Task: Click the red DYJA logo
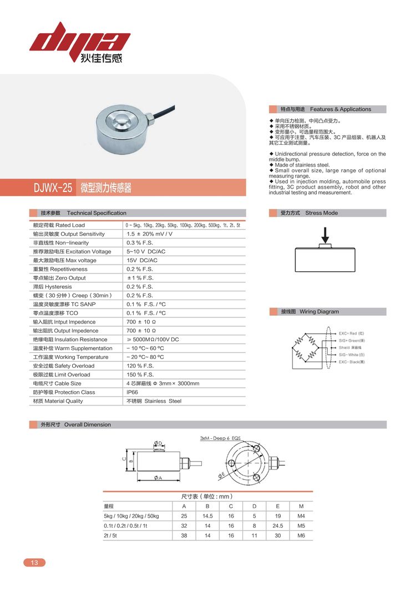point(80,41)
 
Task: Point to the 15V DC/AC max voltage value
point(142,260)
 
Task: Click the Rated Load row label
point(59,225)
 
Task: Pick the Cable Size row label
point(57,383)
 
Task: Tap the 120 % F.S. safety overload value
point(140,366)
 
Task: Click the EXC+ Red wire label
point(352,333)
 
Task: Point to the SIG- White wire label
point(352,355)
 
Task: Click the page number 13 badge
point(34,563)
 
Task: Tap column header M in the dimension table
point(301,506)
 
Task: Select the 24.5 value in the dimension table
point(278,525)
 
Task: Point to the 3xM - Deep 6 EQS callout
point(224,438)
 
